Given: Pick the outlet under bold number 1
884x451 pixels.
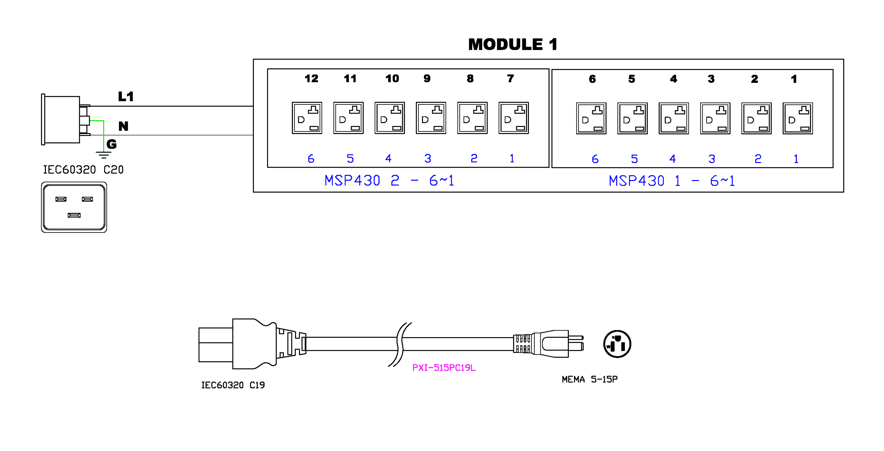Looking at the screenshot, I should [797, 118].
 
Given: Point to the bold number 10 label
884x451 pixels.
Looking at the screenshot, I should [392, 78].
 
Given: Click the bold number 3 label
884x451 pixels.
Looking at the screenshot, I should [711, 79].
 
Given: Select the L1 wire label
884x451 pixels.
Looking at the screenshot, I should [126, 96].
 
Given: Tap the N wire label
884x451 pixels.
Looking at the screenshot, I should [123, 126].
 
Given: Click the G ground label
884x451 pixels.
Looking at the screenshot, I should [111, 144].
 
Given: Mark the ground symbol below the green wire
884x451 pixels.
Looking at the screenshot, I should [104, 155].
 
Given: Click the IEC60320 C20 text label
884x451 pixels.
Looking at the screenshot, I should [83, 169].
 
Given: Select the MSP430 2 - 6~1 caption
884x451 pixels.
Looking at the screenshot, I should [389, 180].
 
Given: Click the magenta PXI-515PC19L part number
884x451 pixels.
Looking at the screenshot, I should [444, 368].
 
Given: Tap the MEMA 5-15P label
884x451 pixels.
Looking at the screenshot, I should [590, 379].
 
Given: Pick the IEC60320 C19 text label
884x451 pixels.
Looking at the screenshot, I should [233, 385].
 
